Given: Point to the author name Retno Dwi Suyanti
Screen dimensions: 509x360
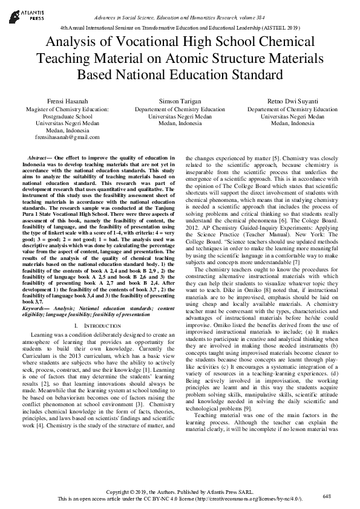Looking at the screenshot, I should pos(292,100).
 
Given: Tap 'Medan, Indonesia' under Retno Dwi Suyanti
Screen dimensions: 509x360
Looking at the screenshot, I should pos(292,123).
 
